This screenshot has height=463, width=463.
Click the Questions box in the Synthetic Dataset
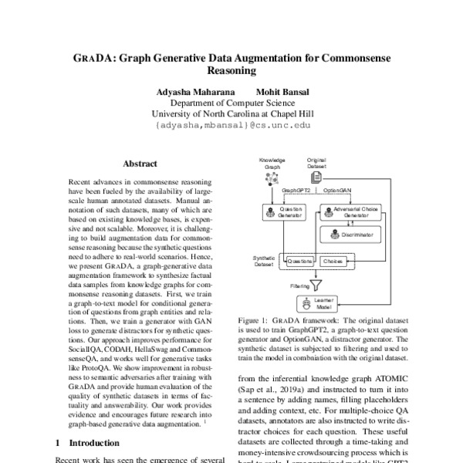pyautogui.click(x=300, y=262)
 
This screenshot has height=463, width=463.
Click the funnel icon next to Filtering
pyautogui.click(x=314, y=283)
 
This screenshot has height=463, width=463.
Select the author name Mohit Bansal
pyautogui.click(x=284, y=92)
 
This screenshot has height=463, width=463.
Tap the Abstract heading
pyautogui.click(x=140, y=164)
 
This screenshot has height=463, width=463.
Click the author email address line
pyautogui.click(x=231, y=124)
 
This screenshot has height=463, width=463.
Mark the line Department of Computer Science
pyautogui.click(x=231, y=103)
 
